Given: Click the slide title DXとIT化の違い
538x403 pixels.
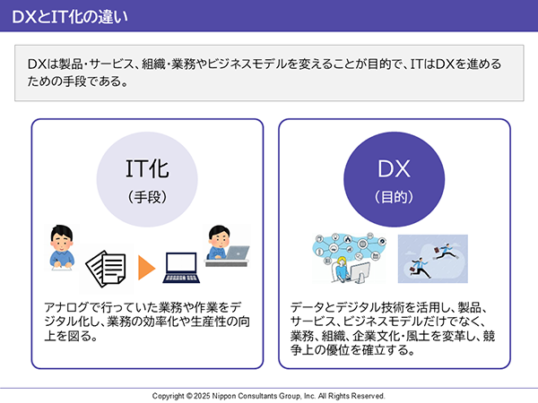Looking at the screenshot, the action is coord(70,16).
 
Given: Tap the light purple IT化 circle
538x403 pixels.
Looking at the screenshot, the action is coord(147,179).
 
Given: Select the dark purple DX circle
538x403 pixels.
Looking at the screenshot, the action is coord(395,179).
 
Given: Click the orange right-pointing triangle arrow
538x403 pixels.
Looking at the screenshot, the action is coord(146,267).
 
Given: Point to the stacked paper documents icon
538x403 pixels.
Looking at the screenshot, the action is coord(106,269).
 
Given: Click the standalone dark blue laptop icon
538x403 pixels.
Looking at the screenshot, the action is coord(181,268).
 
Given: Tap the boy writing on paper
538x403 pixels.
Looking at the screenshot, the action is coord(61,247).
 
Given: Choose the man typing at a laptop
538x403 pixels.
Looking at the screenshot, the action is coord(228,245).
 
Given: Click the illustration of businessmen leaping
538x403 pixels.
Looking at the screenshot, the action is coord(433,259).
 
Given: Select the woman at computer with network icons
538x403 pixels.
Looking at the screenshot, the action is coord(350,258).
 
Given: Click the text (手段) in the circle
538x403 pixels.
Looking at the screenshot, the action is coord(147,197).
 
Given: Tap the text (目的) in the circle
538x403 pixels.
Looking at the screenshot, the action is coord(395,197).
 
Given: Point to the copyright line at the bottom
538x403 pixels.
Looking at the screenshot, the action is coord(269,396).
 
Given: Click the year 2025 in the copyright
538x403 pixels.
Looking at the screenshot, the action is coord(202,396).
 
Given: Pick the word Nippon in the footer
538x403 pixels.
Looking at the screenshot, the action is coord(223,396).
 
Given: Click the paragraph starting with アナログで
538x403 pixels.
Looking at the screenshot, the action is coord(147,322).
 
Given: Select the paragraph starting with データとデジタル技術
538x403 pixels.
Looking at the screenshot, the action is coord(393,329).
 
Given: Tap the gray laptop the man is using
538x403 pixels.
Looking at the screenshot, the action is coord(238,253).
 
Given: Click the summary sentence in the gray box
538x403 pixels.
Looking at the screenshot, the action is coord(265,73).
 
